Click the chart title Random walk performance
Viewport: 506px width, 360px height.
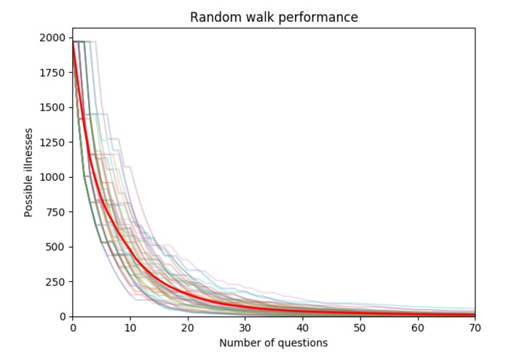[x=274, y=17]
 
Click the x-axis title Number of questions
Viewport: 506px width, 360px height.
[x=274, y=343]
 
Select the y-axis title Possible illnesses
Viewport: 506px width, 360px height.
[x=29, y=172]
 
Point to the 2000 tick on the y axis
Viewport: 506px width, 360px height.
[x=55, y=38]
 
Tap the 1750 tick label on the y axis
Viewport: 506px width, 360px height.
[x=55, y=73]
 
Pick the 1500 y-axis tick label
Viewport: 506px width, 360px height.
[x=55, y=108]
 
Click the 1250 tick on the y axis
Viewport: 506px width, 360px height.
[x=55, y=143]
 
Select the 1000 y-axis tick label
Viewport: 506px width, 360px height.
[x=55, y=177]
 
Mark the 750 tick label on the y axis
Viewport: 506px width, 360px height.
[x=58, y=212]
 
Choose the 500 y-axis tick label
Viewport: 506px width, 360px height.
[x=58, y=247]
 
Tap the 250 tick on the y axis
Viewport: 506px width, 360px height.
[x=58, y=282]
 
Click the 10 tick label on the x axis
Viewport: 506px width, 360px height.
[x=130, y=328]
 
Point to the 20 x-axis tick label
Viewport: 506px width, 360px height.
[x=188, y=328]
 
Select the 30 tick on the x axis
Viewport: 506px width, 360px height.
[x=245, y=328]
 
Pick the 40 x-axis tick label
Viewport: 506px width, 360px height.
[x=303, y=328]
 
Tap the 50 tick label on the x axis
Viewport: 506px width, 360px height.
[x=360, y=328]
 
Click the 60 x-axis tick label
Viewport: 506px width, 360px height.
[x=418, y=328]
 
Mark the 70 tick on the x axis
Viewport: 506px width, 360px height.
[x=475, y=328]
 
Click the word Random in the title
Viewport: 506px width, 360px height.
[x=213, y=17]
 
